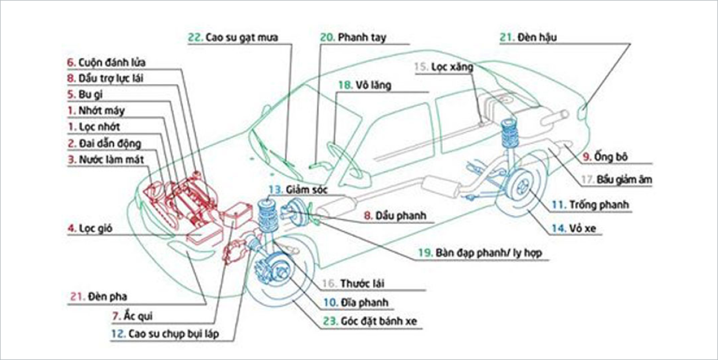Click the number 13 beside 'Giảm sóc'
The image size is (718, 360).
[x=274, y=190]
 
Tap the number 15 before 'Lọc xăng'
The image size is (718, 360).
[x=421, y=67]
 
